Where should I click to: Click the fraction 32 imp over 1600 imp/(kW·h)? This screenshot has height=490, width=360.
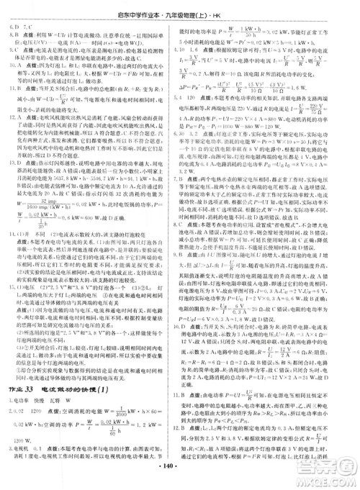[48, 202]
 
